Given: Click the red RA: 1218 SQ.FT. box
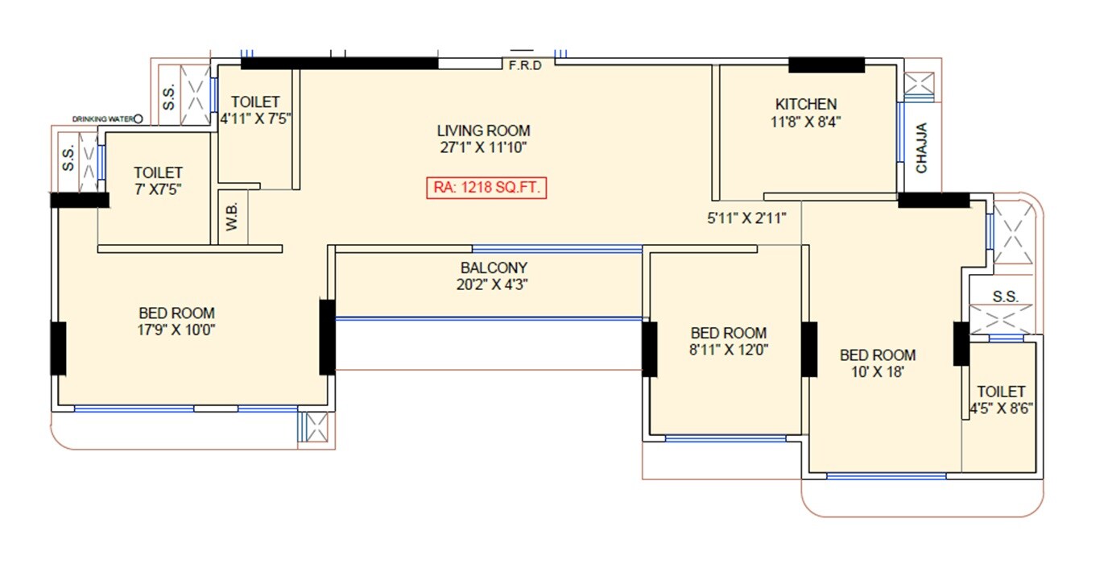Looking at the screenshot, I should coord(486,188).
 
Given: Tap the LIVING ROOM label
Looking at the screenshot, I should coord(483,131).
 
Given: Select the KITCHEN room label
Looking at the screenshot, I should coord(805,104).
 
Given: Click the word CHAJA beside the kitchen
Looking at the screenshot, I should coord(922,147).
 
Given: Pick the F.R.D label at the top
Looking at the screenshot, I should coord(525,65).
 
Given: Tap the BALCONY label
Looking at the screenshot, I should coord(494,267).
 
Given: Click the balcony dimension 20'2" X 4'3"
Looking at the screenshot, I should coord(494,284).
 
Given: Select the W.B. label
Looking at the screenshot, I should coord(233,222).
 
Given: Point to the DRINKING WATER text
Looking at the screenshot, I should coord(101,119).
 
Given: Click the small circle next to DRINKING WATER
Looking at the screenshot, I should coord(138,119).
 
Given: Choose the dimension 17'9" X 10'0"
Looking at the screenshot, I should coord(176,330).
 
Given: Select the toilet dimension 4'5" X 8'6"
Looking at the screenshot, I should coord(1002,408).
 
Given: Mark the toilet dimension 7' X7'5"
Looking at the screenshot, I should coord(158,189).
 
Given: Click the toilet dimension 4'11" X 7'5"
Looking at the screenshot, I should coord(255,118).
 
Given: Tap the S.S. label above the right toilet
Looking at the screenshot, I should coord(1005,297).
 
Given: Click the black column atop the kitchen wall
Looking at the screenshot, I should coord(825,65).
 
